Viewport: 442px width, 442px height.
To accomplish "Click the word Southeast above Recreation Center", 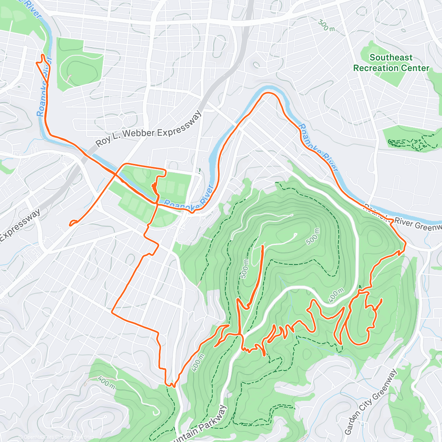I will click(391, 57).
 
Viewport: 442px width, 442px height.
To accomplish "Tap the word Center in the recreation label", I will click(416, 68).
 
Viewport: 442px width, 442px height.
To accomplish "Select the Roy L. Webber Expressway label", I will click(149, 129).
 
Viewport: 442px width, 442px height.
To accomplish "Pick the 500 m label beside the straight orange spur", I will click(245, 267).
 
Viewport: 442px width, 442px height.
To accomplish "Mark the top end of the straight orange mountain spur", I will click(262, 246).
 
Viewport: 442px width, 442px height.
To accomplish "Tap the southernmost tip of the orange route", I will click(171, 386).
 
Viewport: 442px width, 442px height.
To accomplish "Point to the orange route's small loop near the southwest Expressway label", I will click(73, 222).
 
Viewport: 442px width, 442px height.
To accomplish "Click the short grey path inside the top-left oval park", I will click(69, 78).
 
